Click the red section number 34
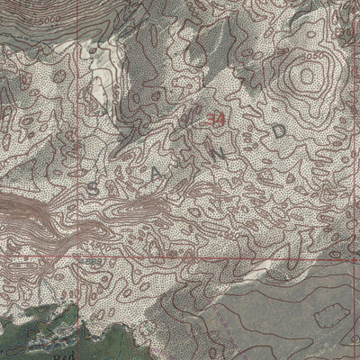pyautogui.click(x=214, y=120)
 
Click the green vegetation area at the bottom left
pyautogui.click(x=36, y=324)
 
